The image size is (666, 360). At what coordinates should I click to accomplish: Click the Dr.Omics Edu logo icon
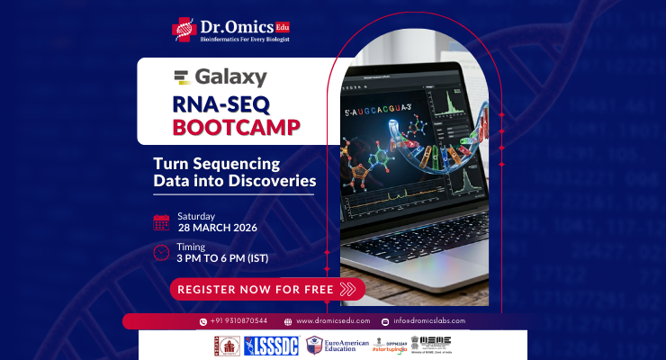tap(184, 29)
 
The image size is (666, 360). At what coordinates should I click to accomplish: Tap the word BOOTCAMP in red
tap(237, 126)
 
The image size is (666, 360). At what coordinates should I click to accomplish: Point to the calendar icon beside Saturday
tap(161, 221)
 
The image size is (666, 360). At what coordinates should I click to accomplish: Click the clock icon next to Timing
tap(161, 252)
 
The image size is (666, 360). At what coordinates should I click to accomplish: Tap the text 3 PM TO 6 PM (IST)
tap(222, 259)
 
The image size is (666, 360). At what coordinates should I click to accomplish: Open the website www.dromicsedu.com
tap(333, 321)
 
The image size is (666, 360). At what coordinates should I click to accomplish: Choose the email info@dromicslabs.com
tap(427, 321)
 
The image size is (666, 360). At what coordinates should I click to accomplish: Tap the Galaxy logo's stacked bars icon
tap(182, 77)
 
